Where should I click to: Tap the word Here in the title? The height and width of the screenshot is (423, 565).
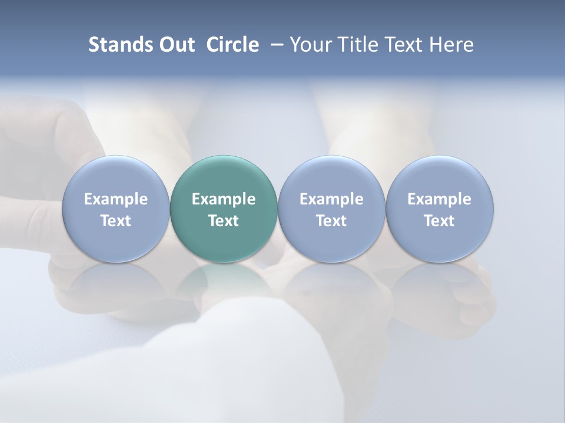(451, 45)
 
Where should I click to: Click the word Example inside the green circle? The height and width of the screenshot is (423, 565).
(224, 199)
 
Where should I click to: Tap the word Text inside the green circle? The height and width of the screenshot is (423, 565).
(224, 221)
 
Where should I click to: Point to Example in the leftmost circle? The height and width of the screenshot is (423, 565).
(116, 199)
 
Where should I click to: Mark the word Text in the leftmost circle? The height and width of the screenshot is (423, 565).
(116, 221)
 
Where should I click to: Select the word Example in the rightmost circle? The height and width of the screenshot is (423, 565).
(440, 199)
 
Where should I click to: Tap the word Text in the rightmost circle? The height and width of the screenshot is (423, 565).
(440, 221)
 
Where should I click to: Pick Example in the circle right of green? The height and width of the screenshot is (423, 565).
(331, 199)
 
